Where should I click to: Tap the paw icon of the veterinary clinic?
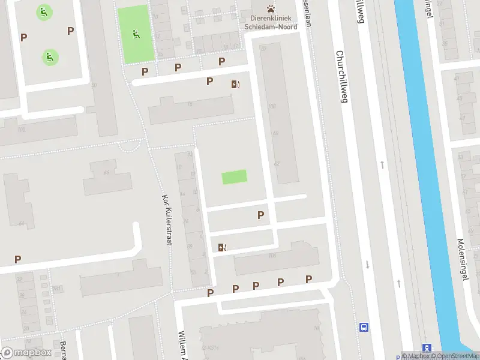(272, 8)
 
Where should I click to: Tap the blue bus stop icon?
(364, 327)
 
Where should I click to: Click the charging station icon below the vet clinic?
(235, 84)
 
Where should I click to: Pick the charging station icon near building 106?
(223, 247)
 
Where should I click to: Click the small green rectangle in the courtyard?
(234, 177)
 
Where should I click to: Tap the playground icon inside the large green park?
(136, 34)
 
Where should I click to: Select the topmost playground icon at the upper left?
(43, 11)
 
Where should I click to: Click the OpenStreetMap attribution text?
(453, 355)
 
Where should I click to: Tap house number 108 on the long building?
(272, 106)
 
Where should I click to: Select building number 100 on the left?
(22, 129)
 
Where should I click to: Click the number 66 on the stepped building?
(106, 173)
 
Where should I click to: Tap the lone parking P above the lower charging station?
(260, 215)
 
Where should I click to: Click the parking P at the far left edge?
(17, 259)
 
